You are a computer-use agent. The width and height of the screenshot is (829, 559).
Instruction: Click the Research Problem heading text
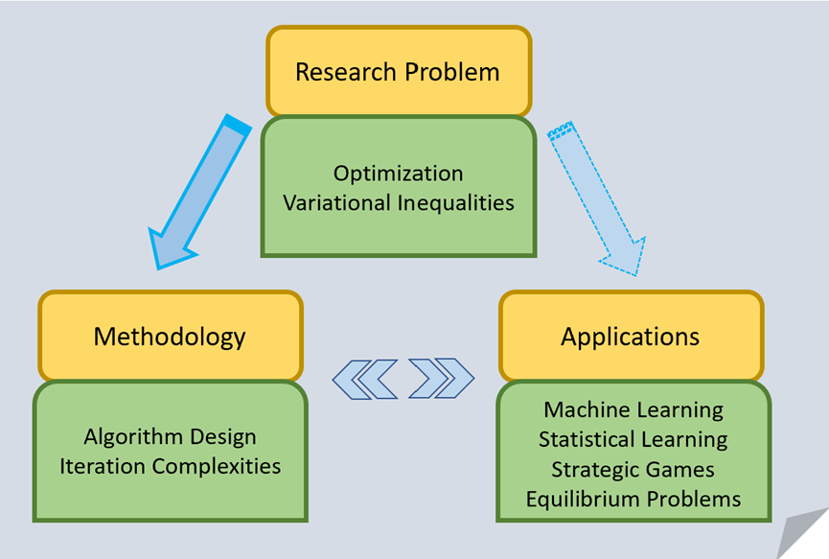pos(398,72)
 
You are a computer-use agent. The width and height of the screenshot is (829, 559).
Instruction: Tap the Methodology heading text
pos(170,338)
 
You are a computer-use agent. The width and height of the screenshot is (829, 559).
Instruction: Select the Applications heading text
pos(631,338)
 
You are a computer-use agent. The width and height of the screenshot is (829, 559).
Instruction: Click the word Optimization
pos(398,174)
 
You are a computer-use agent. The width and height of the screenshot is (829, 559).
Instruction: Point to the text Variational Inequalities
pos(398,202)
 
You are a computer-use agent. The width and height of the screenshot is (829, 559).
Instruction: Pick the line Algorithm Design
pos(170,437)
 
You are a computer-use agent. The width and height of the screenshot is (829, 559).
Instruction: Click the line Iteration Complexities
pos(170,466)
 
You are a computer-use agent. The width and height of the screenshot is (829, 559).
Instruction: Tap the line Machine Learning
pos(633,410)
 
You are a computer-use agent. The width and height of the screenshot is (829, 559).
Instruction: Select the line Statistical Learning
pos(633,440)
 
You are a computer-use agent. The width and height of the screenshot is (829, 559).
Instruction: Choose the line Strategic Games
pos(633,470)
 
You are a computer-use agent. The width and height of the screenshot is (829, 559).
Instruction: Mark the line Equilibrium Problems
pos(633,500)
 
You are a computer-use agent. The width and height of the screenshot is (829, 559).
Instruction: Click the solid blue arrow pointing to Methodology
pos(200,192)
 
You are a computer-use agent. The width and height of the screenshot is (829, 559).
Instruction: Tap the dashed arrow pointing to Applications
pos(596,198)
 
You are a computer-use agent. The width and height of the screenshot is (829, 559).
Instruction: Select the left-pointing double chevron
pos(365,379)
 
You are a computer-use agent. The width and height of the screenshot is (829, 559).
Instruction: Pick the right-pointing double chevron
pos(442,378)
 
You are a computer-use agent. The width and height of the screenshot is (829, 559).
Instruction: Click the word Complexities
pos(217,466)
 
